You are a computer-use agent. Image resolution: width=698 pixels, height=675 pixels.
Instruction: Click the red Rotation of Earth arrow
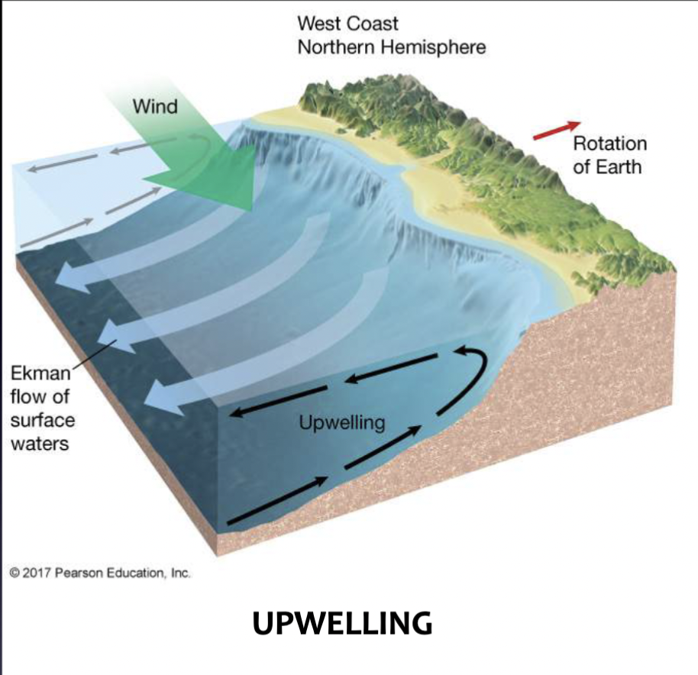557,131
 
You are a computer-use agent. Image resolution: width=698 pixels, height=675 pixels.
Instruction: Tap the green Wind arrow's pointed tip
249,208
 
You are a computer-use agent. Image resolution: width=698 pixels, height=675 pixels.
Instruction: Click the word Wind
155,106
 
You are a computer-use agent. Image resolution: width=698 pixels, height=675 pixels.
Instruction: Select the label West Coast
347,23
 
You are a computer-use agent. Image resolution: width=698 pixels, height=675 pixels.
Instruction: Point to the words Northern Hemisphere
391,47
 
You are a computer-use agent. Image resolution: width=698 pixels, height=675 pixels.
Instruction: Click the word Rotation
609,144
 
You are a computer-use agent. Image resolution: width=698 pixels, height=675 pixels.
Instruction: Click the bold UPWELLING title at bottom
341,623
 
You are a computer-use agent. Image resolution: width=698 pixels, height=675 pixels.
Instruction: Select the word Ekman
40,374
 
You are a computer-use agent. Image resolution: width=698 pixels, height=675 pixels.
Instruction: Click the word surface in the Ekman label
43,420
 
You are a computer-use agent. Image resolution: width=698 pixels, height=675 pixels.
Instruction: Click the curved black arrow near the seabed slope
470,374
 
